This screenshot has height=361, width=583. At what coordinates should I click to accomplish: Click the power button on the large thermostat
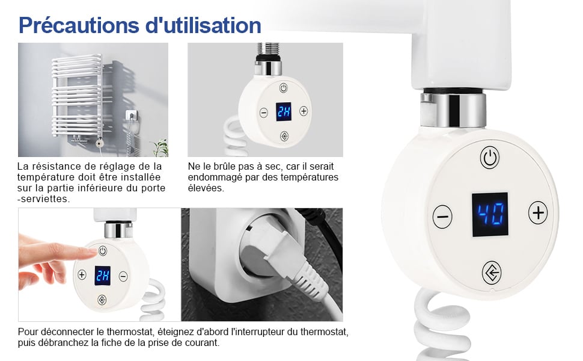[x=490, y=158]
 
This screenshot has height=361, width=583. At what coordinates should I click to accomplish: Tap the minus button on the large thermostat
[x=442, y=217]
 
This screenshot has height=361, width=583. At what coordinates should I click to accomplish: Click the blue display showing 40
[x=490, y=214]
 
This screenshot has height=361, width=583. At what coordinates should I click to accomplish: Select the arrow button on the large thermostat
[x=492, y=273]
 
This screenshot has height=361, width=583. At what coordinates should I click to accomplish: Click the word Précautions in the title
[x=79, y=25]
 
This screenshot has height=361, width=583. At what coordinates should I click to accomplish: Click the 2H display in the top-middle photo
[x=283, y=112]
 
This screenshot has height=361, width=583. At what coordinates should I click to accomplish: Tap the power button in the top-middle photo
[x=284, y=88]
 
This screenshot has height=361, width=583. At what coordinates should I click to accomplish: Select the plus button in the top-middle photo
[x=304, y=111]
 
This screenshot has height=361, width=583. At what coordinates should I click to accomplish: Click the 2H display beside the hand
[x=102, y=276]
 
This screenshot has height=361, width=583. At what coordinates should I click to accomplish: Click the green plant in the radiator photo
[x=160, y=147]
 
